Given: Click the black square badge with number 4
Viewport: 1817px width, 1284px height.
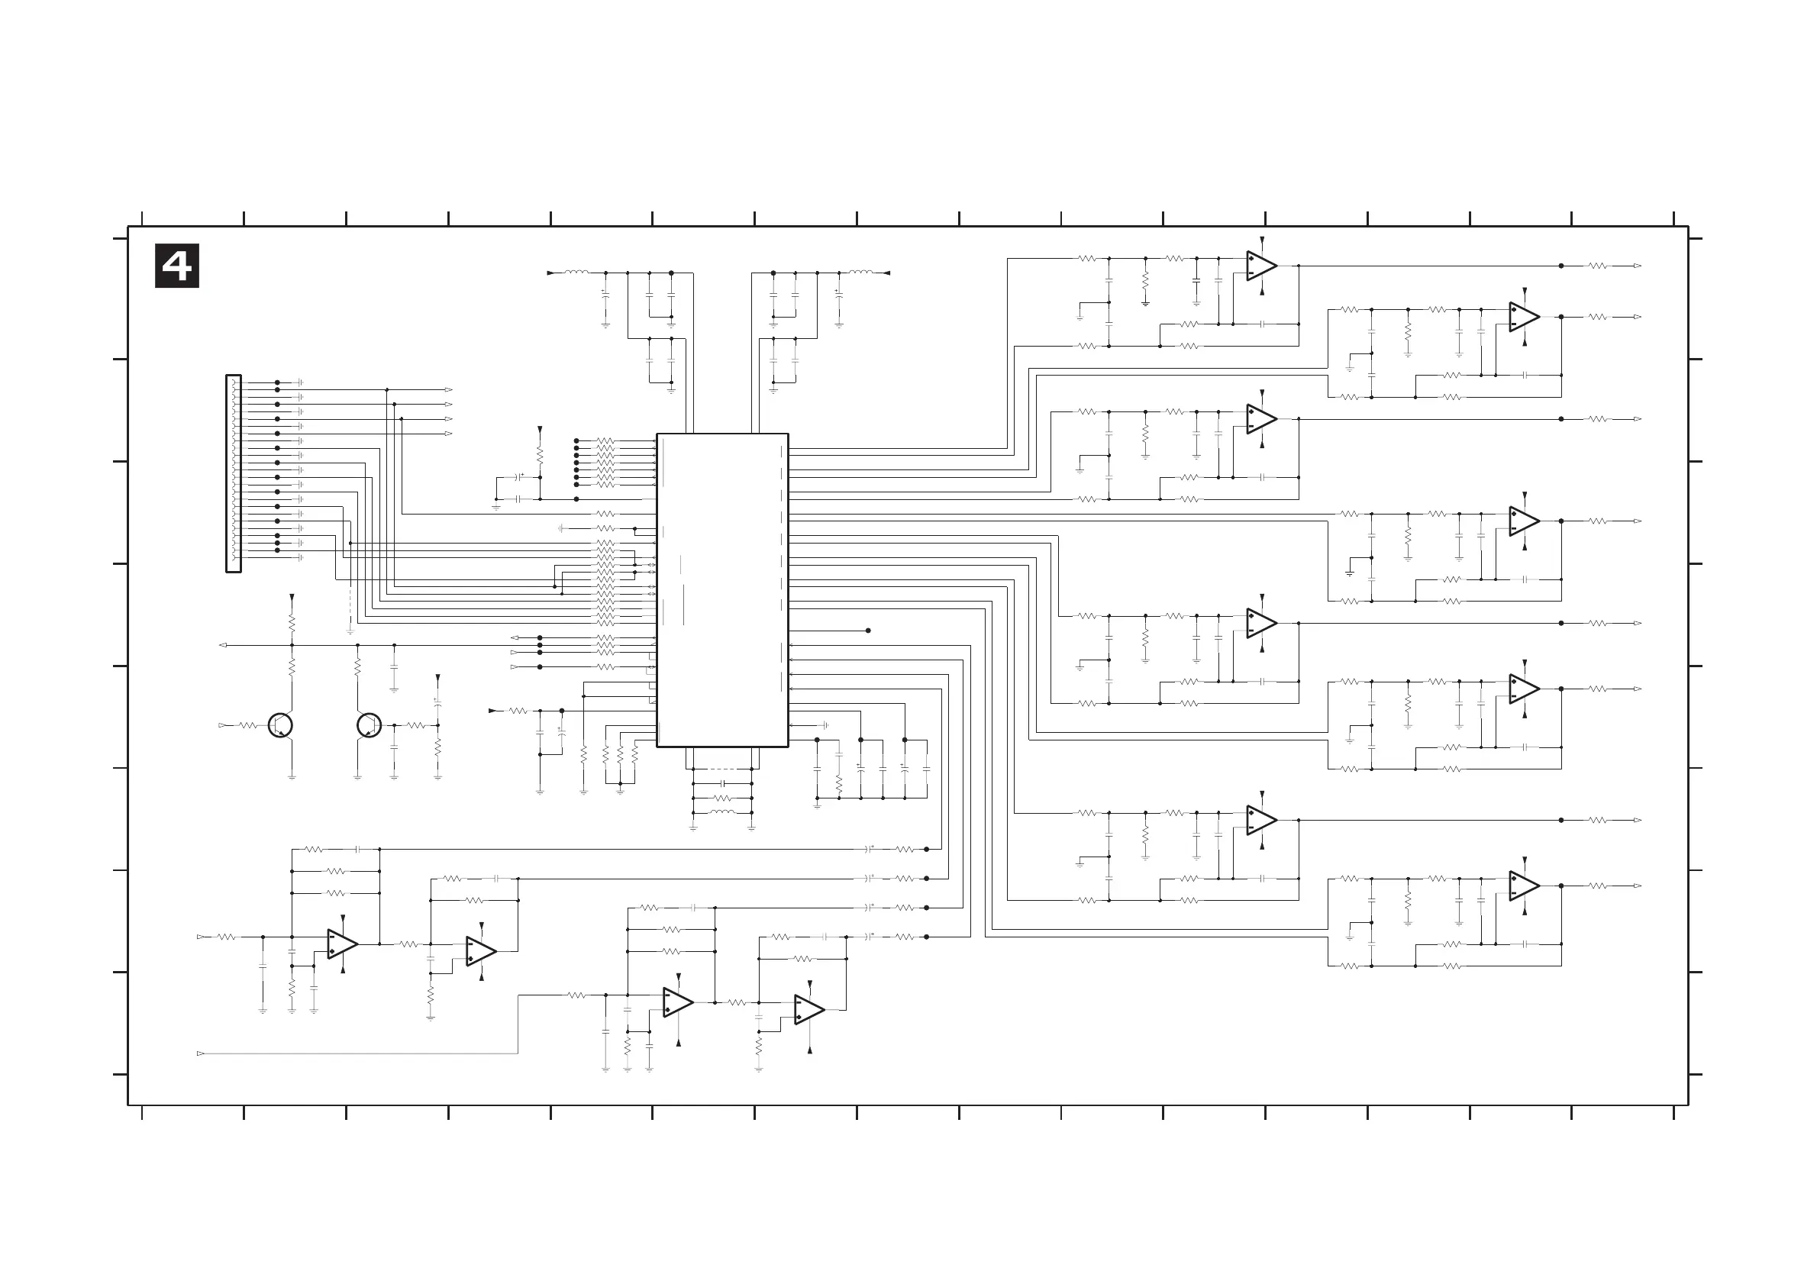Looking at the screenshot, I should click(176, 266).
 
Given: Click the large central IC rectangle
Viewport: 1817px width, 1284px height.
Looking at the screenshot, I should click(721, 589).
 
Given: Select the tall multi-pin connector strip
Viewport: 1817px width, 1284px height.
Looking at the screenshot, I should click(234, 473).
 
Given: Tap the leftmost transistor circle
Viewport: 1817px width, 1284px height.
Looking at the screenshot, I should click(280, 724).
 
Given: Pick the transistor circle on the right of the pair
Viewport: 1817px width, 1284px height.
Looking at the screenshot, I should click(369, 724).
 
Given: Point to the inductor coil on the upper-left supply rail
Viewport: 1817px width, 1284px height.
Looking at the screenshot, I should click(576, 273).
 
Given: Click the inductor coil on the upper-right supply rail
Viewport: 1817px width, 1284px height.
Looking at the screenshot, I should click(861, 273).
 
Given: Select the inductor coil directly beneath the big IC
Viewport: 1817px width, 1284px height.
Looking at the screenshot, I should click(721, 812).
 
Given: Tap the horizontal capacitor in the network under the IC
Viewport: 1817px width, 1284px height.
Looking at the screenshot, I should click(721, 784).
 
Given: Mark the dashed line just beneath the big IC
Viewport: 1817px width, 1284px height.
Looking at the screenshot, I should click(721, 769).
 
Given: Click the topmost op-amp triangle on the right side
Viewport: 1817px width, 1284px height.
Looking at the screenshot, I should click(1261, 266).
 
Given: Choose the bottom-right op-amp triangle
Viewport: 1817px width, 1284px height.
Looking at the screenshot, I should click(1523, 886).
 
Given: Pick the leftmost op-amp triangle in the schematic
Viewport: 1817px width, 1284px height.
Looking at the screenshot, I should click(343, 944).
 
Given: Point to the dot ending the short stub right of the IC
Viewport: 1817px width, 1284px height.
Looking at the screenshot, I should click(868, 631).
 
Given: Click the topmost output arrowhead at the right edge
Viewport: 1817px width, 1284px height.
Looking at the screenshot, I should click(1638, 266).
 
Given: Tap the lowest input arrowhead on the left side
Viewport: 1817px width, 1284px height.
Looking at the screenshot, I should click(200, 1053).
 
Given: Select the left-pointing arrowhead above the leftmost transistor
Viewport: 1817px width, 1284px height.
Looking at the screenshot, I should click(222, 646).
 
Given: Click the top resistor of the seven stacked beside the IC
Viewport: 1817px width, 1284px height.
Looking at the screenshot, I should click(605, 440).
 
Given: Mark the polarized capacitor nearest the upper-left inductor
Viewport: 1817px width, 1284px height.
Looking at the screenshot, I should click(605, 295).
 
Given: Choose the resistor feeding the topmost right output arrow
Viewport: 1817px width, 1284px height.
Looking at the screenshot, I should click(1598, 266).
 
